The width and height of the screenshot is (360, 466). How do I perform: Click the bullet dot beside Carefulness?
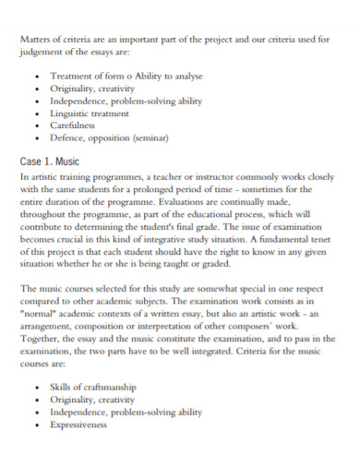tap(36, 125)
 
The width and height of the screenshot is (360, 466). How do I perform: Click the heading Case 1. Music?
tap(50, 161)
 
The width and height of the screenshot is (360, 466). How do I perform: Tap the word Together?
tap(41, 339)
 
